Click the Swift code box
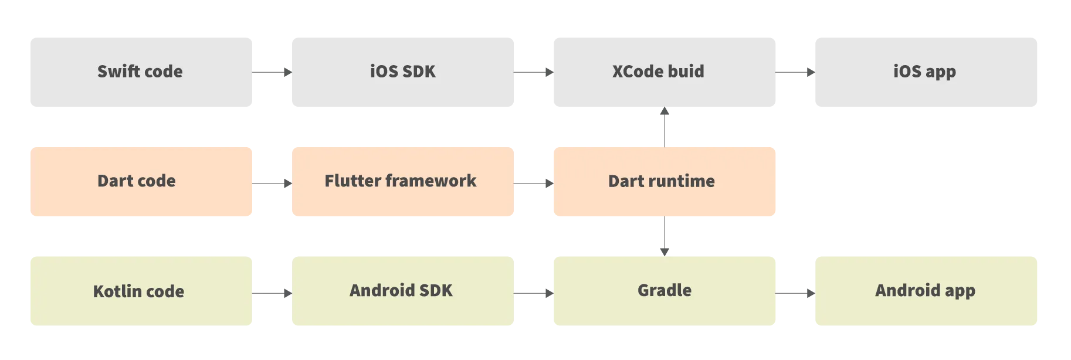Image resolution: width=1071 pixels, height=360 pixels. pyautogui.click(x=141, y=72)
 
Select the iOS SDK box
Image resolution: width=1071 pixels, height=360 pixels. pyautogui.click(x=403, y=72)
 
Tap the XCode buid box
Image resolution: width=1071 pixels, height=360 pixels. pyautogui.click(x=666, y=72)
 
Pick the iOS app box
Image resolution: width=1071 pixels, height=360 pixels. pyautogui.click(x=926, y=72)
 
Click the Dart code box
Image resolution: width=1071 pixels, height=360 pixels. pyautogui.click(x=141, y=182)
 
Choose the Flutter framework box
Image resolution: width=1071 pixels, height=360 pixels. pyautogui.click(x=403, y=182)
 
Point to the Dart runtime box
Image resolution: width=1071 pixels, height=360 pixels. pyautogui.click(x=666, y=182)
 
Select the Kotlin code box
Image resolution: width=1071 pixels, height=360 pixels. pyautogui.click(x=141, y=291)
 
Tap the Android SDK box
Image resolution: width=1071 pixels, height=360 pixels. pyautogui.click(x=403, y=291)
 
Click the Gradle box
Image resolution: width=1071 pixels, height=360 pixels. pyautogui.click(x=666, y=291)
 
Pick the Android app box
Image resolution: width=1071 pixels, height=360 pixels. pyautogui.click(x=926, y=291)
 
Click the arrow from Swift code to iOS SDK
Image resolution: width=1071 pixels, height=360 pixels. pyautogui.click(x=272, y=73)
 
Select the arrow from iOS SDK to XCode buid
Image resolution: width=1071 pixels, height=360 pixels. pyautogui.click(x=534, y=73)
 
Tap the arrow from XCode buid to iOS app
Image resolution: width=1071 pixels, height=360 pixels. pyautogui.click(x=795, y=73)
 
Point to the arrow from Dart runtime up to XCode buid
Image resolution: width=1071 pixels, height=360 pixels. pyautogui.click(x=664, y=127)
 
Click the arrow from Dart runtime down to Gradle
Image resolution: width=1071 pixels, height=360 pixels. pyautogui.click(x=664, y=236)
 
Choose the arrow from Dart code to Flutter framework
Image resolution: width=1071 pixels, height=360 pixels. pyautogui.click(x=272, y=185)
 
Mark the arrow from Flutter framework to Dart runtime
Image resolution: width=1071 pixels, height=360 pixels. pyautogui.click(x=534, y=185)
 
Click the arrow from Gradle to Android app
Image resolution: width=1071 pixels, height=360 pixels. pyautogui.click(x=795, y=293)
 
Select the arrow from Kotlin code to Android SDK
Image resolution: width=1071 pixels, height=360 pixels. pyautogui.click(x=272, y=293)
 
